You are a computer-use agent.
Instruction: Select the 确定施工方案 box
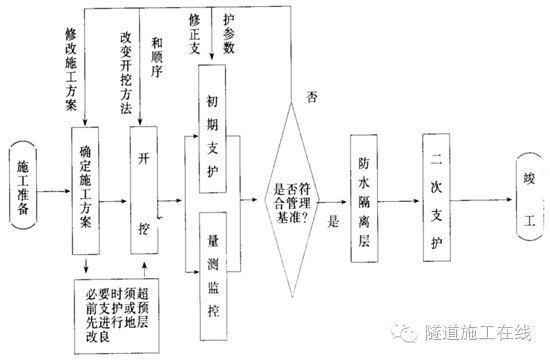(x=86, y=191)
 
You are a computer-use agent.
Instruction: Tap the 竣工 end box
(x=528, y=189)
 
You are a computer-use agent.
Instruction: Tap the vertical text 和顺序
(x=159, y=60)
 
